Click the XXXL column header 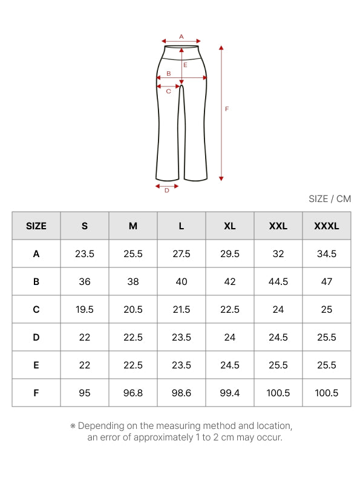(327, 226)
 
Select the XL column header (230, 226)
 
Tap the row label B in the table (36, 281)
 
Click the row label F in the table (36, 393)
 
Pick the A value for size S (85, 253)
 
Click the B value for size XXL (278, 281)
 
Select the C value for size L (181, 309)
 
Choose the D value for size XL (230, 337)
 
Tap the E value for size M (133, 365)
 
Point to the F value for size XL (230, 393)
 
